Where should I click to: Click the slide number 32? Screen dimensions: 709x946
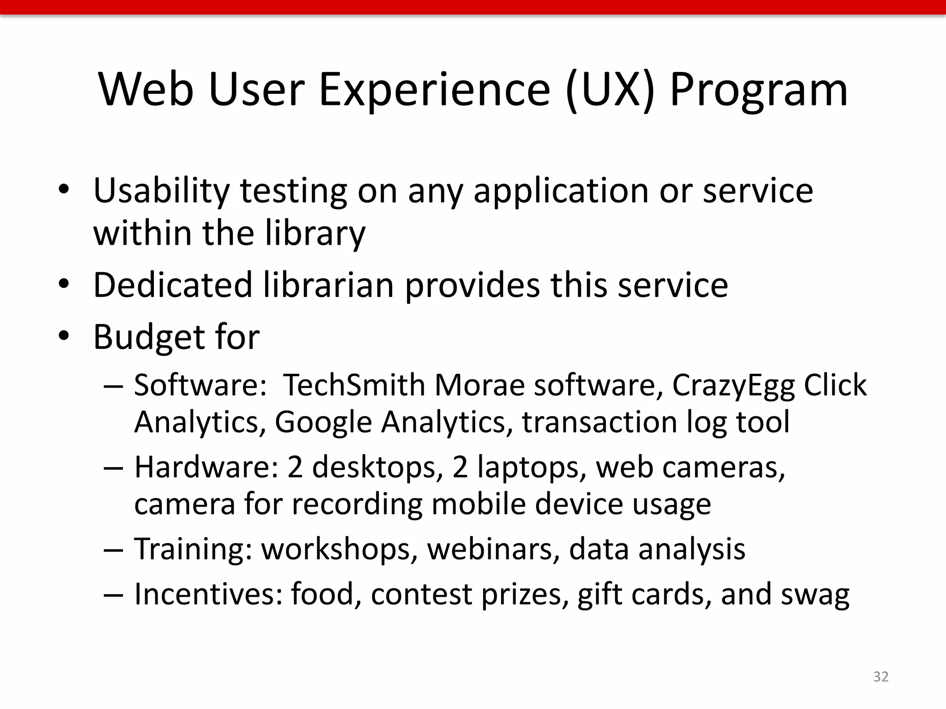pos(881,677)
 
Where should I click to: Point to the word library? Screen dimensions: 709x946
pos(315,234)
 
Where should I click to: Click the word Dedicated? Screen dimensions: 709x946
pos(173,285)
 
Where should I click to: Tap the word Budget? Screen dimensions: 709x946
pos(147,337)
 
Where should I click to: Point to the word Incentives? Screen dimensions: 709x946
pos(208,594)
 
